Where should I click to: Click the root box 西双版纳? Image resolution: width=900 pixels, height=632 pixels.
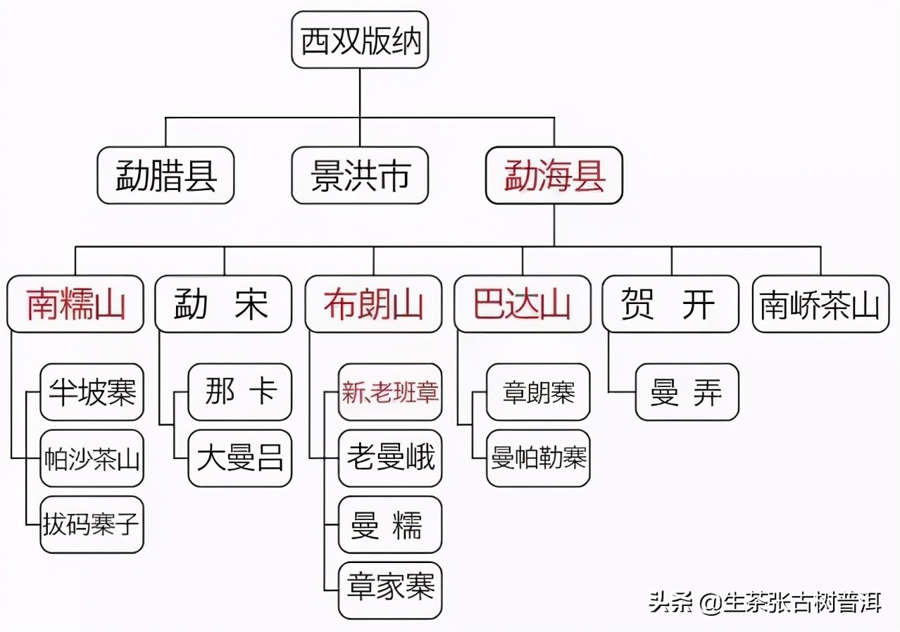tap(360, 40)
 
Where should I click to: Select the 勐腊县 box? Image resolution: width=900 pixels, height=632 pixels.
tap(165, 175)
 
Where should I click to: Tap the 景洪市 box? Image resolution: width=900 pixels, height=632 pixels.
tap(360, 175)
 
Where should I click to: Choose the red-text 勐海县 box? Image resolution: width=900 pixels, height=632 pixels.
tap(554, 175)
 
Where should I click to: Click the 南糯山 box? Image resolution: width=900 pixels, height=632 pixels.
tap(75, 304)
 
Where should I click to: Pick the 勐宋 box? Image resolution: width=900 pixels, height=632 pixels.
tap(223, 304)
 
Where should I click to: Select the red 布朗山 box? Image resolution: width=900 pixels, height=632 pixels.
tap(373, 304)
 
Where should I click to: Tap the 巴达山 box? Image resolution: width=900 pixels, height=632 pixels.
tap(522, 304)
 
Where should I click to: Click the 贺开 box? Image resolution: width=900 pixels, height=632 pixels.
tap(670, 304)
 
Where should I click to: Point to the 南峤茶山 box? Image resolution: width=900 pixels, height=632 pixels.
tap(820, 304)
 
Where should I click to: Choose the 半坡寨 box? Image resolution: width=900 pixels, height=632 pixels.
tap(92, 392)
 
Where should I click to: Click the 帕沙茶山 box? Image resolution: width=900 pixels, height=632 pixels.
tap(92, 458)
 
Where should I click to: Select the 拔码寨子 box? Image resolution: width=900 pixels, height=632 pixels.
tap(92, 524)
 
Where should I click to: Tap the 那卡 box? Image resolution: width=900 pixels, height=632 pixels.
tap(240, 392)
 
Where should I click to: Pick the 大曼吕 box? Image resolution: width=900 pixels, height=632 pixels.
tap(240, 458)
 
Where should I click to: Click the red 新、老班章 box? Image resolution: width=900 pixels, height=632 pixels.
tap(390, 392)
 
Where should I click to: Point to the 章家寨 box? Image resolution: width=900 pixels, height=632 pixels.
tap(390, 590)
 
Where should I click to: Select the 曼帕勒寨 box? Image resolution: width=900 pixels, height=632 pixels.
tap(539, 458)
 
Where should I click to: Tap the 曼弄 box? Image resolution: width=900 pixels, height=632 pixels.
tap(687, 392)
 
